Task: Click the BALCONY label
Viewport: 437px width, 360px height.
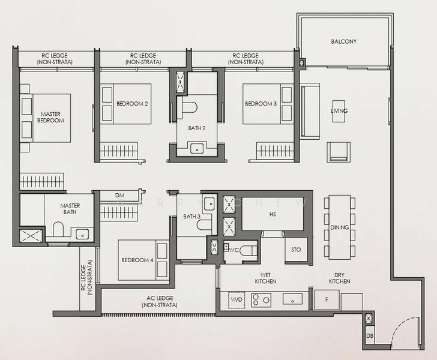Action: (343, 41)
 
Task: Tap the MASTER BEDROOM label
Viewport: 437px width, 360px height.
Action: (50, 118)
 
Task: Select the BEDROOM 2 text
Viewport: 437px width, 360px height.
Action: (132, 104)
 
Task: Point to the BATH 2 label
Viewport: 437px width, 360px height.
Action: (197, 128)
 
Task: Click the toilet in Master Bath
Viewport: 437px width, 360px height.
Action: (59, 229)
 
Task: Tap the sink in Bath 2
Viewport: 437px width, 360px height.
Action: (197, 148)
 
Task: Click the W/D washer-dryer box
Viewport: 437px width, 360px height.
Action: (237, 300)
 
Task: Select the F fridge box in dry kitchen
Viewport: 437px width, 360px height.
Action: (327, 300)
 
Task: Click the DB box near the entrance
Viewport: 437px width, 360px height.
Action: (370, 336)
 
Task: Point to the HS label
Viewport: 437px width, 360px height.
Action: (273, 214)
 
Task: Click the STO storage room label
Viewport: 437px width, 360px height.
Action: (296, 250)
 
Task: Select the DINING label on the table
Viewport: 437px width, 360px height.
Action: (340, 227)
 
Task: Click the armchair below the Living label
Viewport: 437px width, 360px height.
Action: (339, 152)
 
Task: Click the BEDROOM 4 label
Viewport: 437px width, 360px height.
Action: (137, 260)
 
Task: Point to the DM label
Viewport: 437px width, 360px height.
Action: (119, 196)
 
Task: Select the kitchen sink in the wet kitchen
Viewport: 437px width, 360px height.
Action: (293, 299)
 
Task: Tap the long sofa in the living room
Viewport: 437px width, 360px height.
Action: (310, 111)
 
